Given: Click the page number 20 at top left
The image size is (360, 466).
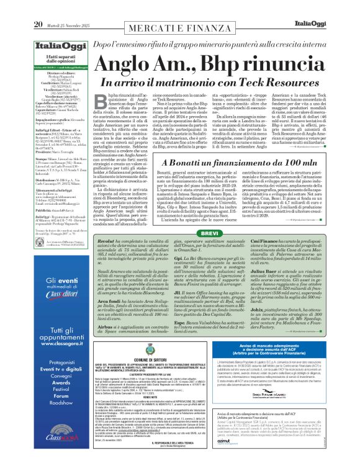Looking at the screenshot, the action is pyautogui.click(x=38, y=7).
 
